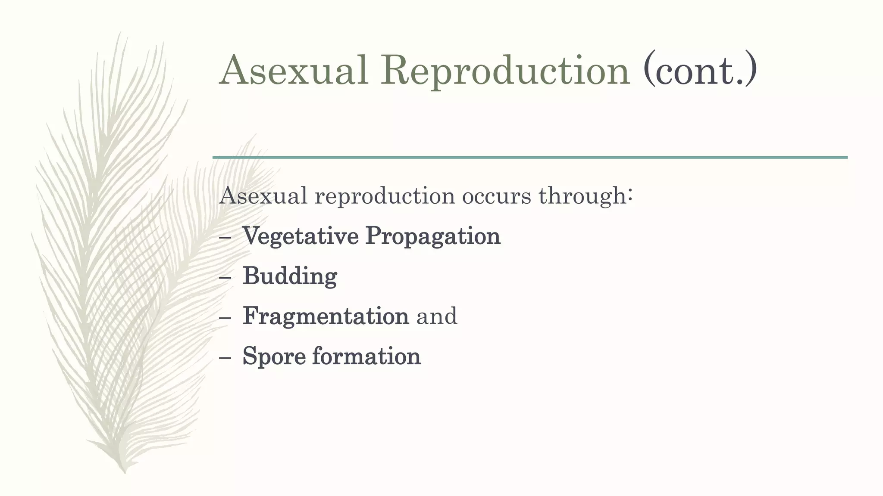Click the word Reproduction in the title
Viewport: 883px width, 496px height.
tap(505, 70)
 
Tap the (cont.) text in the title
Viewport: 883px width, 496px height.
tap(699, 70)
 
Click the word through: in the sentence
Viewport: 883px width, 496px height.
tap(586, 197)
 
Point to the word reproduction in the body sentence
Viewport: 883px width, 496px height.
tap(385, 197)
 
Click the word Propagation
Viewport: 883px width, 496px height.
tap(432, 236)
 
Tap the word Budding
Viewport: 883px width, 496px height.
tap(290, 276)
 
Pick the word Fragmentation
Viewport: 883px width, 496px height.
tap(326, 316)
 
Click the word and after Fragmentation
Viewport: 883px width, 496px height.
tap(436, 316)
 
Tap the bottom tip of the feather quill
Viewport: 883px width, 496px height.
tap(125, 471)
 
